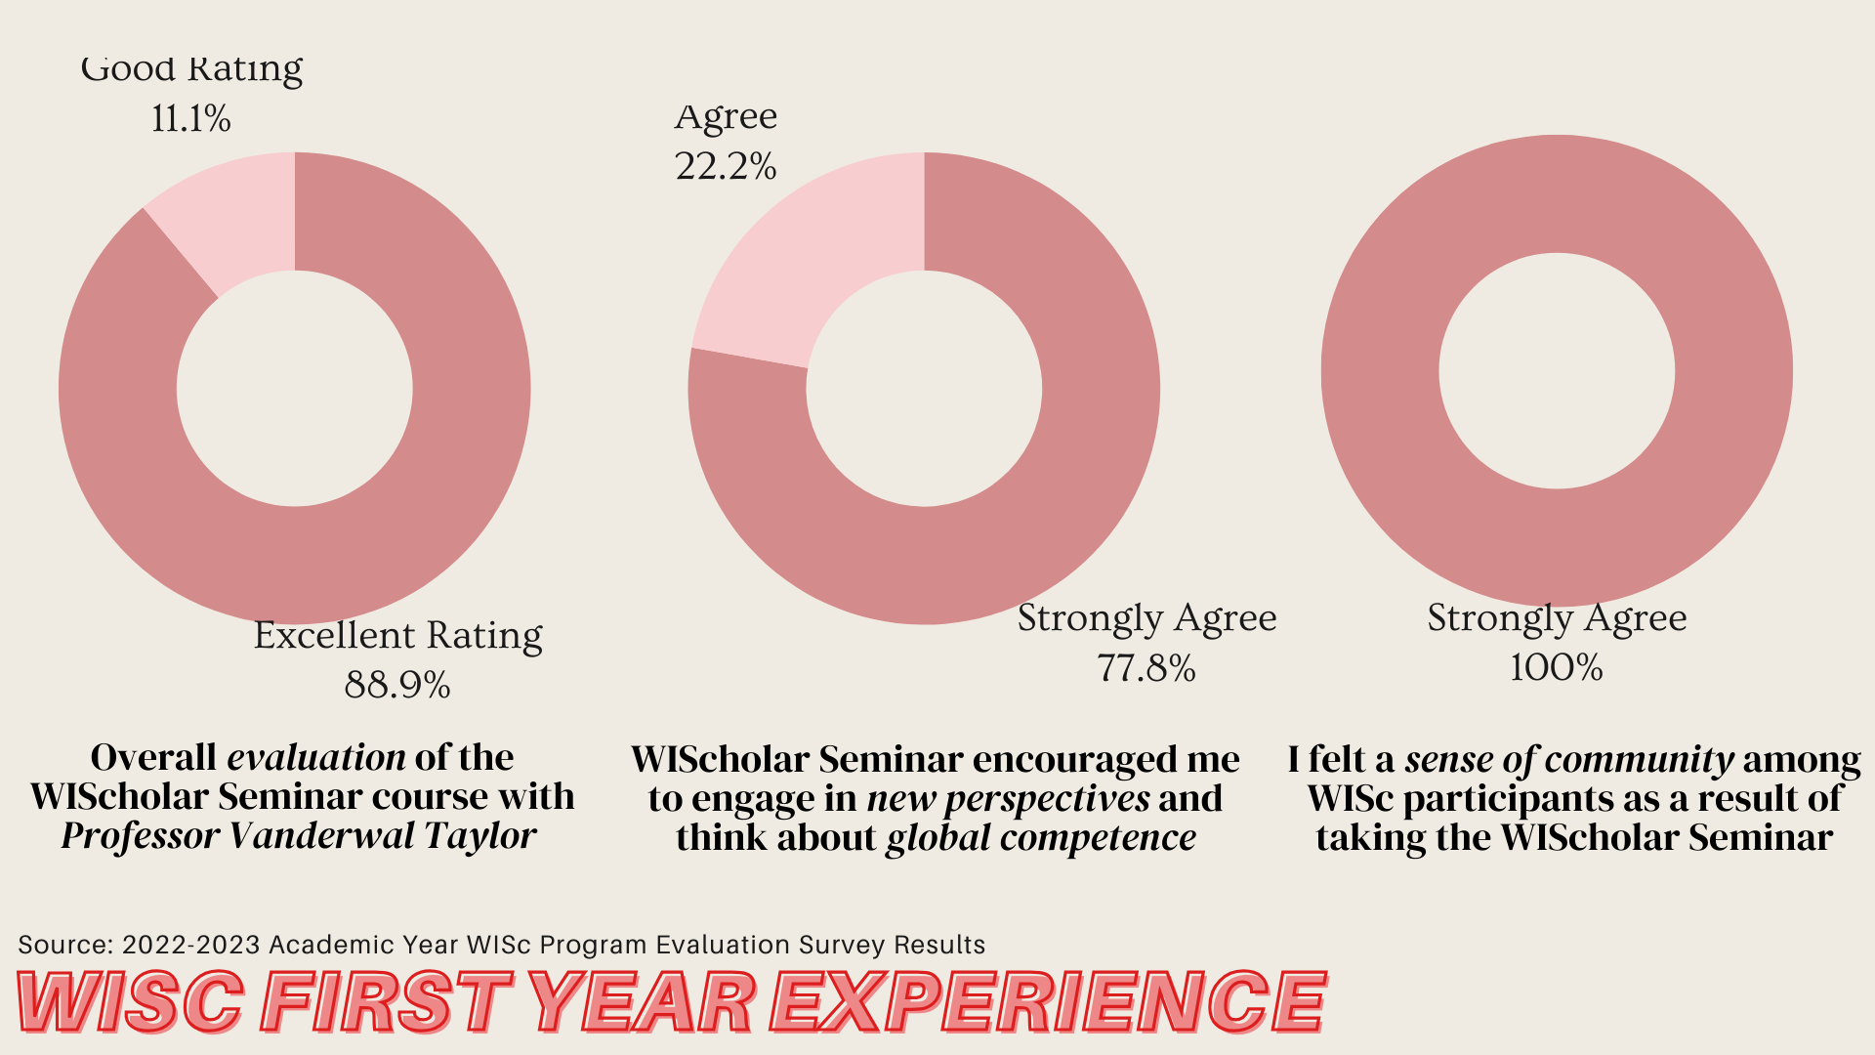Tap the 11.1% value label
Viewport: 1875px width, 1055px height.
(x=191, y=119)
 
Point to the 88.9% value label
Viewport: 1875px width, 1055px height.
(x=397, y=685)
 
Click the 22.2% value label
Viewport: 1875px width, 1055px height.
(x=726, y=166)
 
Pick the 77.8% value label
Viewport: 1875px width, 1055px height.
(x=1146, y=668)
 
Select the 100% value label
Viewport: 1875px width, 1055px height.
(x=1557, y=668)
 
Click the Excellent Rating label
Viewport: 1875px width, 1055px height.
(x=397, y=635)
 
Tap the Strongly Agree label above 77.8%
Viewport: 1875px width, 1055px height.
(x=1146, y=618)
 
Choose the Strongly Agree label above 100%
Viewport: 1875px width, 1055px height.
(x=1557, y=618)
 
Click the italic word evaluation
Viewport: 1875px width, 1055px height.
(x=316, y=757)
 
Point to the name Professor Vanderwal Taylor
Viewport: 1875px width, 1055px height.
(x=299, y=836)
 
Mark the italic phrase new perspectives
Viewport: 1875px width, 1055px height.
(x=1009, y=799)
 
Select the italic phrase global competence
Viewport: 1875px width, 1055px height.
(x=1041, y=838)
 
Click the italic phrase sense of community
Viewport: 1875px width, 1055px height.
(x=1569, y=759)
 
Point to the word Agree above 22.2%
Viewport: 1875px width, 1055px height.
(x=726, y=116)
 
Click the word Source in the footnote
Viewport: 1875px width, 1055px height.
(x=65, y=945)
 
